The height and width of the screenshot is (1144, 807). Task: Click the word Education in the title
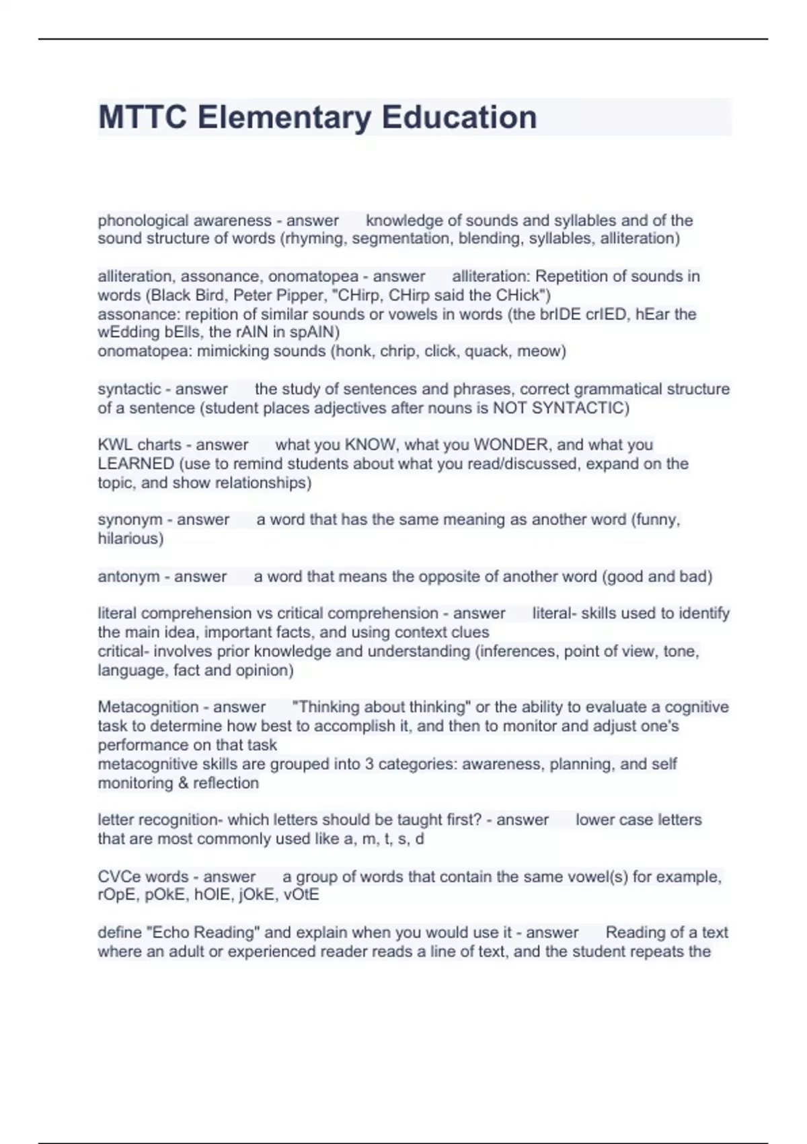click(x=459, y=117)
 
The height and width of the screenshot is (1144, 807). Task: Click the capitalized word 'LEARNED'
click(x=136, y=464)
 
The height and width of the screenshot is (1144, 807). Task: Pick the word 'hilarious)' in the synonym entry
click(x=130, y=538)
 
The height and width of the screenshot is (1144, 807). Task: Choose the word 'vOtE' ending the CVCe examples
click(x=302, y=895)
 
